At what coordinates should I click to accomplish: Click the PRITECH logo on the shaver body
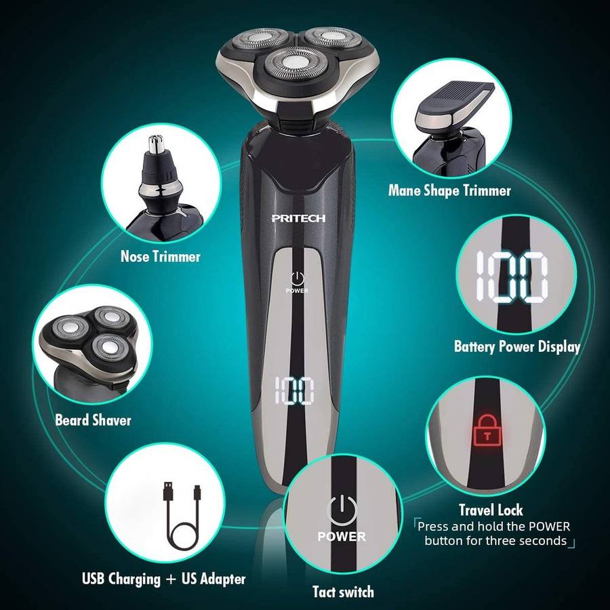tap(298, 218)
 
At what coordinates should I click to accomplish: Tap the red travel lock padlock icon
tap(487, 430)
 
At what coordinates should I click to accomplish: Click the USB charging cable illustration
tap(182, 516)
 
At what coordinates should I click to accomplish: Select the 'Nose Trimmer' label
tap(160, 257)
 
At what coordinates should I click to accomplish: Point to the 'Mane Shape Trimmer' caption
tap(450, 190)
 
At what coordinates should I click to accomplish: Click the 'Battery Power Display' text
tap(517, 346)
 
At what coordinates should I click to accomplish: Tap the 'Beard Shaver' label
tap(93, 420)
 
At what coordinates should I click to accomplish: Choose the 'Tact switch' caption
tap(343, 592)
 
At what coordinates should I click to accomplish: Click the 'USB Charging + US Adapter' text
tap(164, 579)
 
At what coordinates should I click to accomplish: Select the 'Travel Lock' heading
tap(491, 510)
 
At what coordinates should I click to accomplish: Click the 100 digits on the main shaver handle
tap(295, 390)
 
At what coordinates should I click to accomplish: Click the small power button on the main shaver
tap(298, 278)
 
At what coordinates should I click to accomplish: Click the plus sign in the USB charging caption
tap(171, 579)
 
